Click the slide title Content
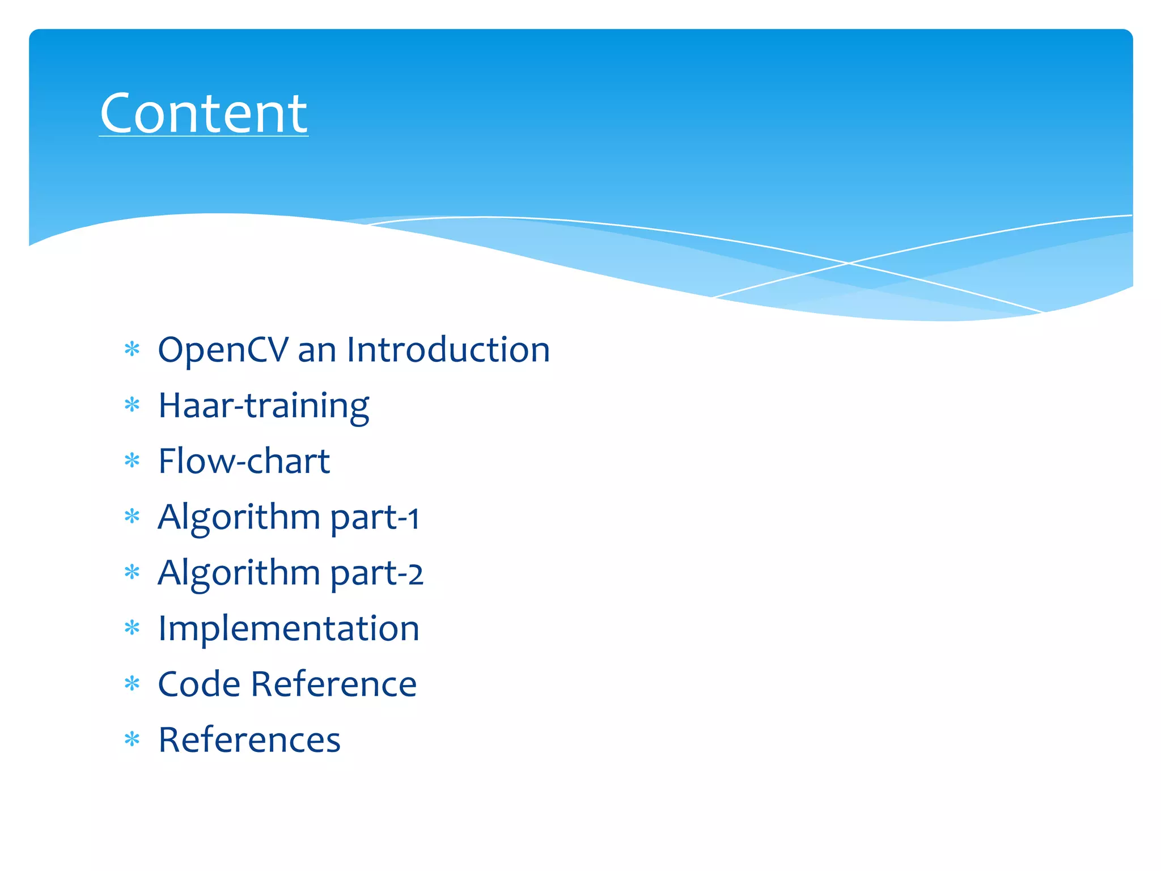coord(204,113)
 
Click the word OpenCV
coord(223,350)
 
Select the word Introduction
coord(448,349)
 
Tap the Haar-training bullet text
coord(264,406)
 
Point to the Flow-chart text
coord(244,461)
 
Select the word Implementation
coord(289,628)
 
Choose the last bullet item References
coord(249,740)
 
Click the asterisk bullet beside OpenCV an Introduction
coord(132,349)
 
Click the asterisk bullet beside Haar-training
coord(132,405)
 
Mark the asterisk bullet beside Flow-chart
coord(132,460)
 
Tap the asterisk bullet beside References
coord(132,739)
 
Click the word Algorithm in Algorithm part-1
coord(239,517)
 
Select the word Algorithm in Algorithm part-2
coord(239,573)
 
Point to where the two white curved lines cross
coord(849,263)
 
